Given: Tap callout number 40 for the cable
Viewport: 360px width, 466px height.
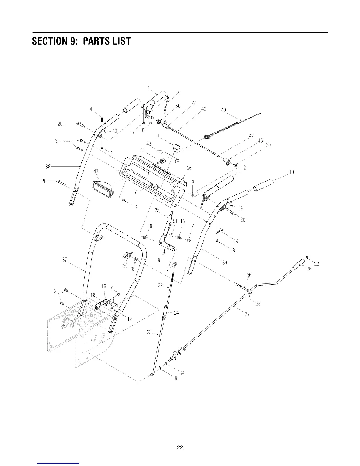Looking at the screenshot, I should pyautogui.click(x=224, y=110).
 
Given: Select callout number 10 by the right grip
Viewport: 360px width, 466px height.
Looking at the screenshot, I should pyautogui.click(x=291, y=172).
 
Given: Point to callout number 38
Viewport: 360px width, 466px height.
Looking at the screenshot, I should pyautogui.click(x=48, y=167).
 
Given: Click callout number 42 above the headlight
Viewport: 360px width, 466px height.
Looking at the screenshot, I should pyautogui.click(x=96, y=171).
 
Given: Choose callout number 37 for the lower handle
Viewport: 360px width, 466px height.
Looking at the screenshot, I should pyautogui.click(x=65, y=259).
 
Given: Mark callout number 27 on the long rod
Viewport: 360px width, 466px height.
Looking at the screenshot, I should pyautogui.click(x=247, y=314).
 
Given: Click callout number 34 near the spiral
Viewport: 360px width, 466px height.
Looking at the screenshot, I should pyautogui.click(x=182, y=373).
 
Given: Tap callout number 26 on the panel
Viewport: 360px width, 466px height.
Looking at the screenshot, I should pyautogui.click(x=189, y=168).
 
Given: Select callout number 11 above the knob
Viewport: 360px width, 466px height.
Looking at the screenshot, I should pyautogui.click(x=157, y=135).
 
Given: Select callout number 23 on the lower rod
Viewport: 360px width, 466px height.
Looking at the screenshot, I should pyautogui.click(x=149, y=332).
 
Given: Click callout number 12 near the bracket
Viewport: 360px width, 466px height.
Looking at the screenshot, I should pyautogui.click(x=129, y=320).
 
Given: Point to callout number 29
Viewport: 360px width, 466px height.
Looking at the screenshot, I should pyautogui.click(x=268, y=145).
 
